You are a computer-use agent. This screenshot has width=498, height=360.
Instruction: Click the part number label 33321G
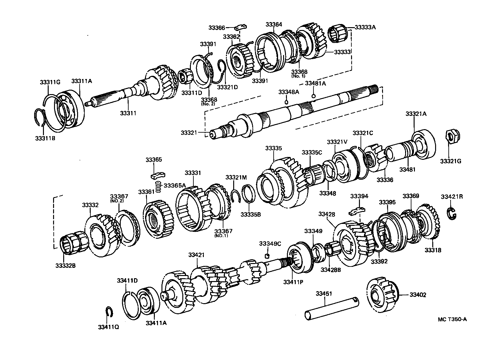451,161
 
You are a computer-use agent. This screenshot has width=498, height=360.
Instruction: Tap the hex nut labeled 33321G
452,136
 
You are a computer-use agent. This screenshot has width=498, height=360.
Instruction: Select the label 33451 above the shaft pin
324,294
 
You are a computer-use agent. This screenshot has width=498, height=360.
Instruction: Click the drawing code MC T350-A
452,319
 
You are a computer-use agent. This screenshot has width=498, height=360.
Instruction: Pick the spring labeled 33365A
159,187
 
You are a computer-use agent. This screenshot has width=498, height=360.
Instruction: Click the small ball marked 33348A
286,102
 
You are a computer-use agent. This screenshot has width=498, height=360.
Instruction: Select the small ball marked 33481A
313,96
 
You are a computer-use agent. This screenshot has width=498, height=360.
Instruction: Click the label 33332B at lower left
65,265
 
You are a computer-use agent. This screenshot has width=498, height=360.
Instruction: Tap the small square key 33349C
267,255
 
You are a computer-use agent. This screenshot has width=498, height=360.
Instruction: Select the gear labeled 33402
382,295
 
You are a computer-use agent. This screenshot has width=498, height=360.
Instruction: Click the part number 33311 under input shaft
128,113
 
